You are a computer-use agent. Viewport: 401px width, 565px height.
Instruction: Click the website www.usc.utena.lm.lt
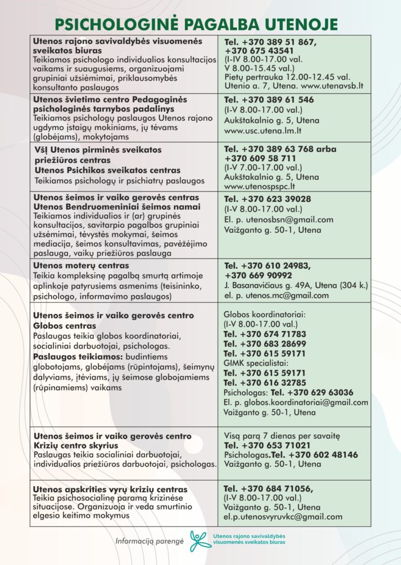(x=260, y=131)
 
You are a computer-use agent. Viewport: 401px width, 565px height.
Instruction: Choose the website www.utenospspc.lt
(x=256, y=186)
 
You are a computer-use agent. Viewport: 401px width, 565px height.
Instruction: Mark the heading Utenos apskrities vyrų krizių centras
(x=110, y=489)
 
